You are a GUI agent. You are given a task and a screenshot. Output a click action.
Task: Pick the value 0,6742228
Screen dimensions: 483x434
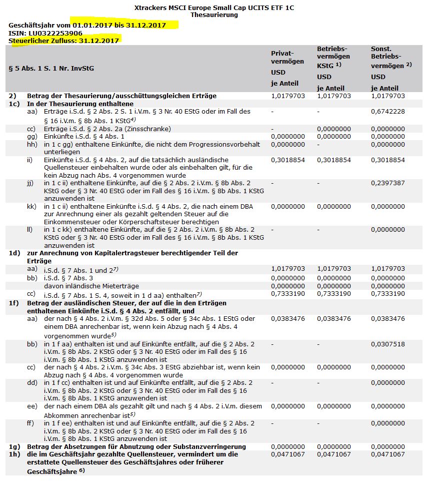(387, 112)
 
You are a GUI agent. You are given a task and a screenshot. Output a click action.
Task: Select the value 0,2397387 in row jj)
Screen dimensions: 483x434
(387, 184)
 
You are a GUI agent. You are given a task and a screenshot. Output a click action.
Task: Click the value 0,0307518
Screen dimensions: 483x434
(387, 344)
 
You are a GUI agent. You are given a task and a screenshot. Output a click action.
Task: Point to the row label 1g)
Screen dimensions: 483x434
(14, 446)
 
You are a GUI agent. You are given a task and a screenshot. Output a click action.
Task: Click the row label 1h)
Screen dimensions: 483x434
(14, 454)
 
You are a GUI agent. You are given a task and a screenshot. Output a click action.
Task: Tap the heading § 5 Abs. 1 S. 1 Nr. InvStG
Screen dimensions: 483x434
(51, 69)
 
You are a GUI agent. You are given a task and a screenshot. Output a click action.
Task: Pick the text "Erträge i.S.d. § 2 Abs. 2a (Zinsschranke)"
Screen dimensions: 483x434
(107, 129)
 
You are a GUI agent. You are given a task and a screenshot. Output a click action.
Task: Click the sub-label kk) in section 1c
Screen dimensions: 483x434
(31, 206)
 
